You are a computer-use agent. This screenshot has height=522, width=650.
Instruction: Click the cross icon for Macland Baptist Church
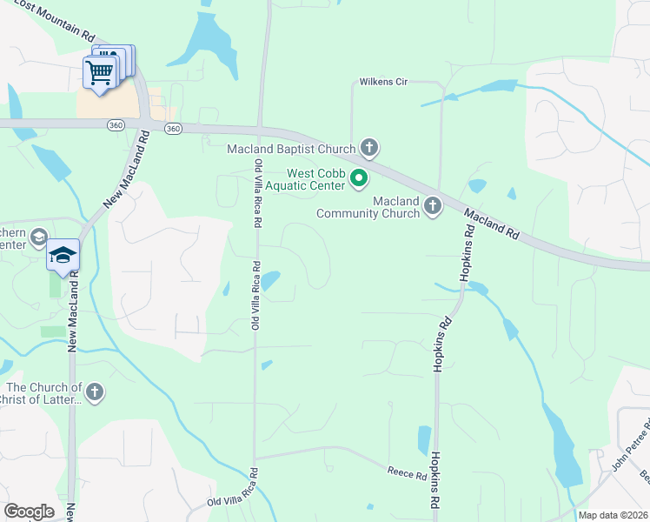(369, 148)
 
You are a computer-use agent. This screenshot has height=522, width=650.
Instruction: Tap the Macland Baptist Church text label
(292, 149)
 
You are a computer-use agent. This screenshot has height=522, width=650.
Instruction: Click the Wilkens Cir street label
(383, 83)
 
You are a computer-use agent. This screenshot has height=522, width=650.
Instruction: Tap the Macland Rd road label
(491, 224)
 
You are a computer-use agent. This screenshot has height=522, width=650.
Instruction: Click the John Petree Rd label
(629, 445)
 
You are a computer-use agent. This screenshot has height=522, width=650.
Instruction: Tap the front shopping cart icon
(99, 73)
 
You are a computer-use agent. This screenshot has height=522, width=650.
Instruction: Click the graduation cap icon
(63, 256)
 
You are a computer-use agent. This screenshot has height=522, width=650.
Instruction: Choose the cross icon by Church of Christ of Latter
(95, 392)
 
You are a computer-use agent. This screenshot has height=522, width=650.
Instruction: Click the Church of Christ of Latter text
(43, 393)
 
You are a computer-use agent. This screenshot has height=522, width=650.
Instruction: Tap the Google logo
(29, 511)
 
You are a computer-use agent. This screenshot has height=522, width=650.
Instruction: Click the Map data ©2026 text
(613, 515)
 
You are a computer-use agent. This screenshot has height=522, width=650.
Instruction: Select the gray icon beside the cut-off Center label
(38, 238)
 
